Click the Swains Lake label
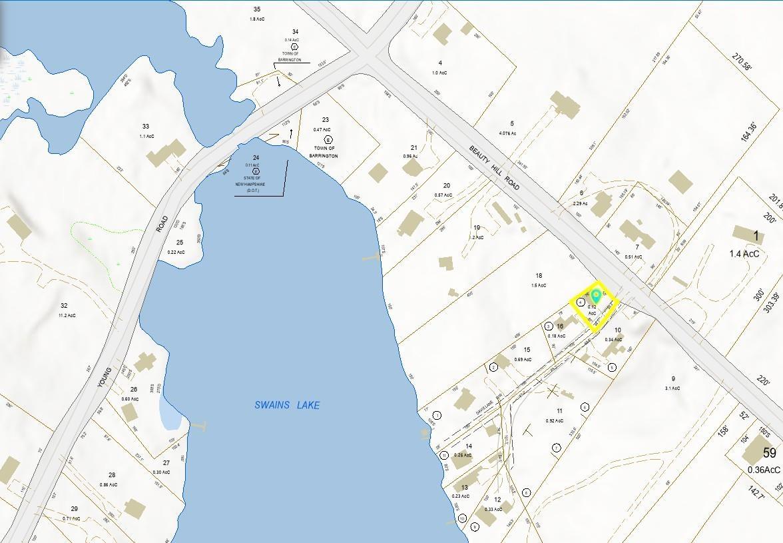287,405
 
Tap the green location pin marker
596,298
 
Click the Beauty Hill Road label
494,171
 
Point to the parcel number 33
146,127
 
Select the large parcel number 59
770,454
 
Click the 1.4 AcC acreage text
744,254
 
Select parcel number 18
539,275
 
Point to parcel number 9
673,378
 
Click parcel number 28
112,475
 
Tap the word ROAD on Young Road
162,223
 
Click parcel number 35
257,9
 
